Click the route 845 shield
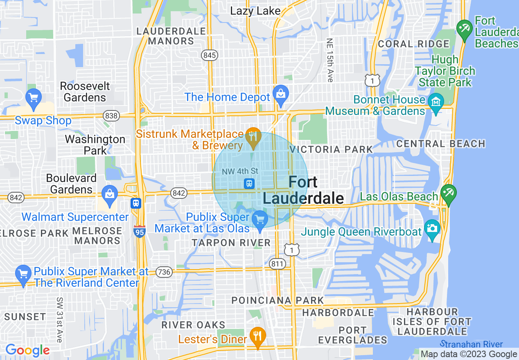(210, 55)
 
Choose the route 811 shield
(277, 264)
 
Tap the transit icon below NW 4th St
(249, 184)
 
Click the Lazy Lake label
(255, 11)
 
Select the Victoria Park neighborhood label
(331, 149)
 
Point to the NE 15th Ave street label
(330, 61)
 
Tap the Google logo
(27, 350)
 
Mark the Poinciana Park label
(278, 301)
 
